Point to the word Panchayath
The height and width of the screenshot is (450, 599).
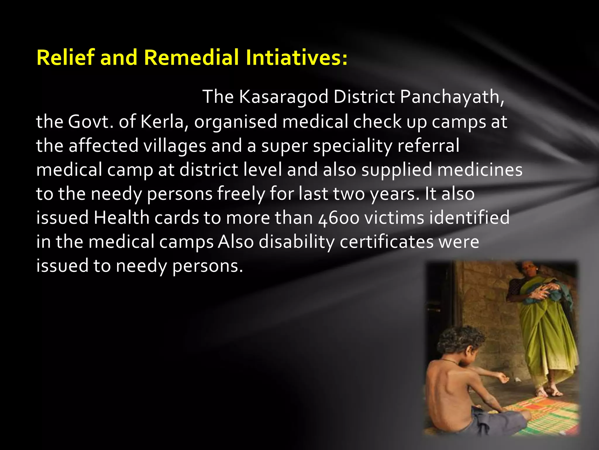[x=452, y=97]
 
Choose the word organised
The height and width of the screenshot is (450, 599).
[x=236, y=121]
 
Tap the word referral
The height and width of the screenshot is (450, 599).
[x=428, y=146]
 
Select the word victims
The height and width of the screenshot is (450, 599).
[x=394, y=218]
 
